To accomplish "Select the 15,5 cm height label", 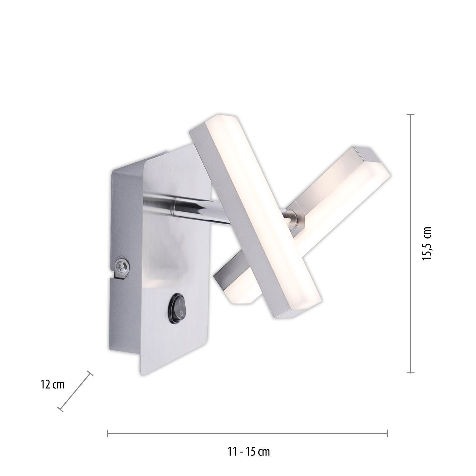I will pos(427,243).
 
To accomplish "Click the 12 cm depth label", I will pos(53,385).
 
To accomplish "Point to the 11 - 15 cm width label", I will pos(248,451).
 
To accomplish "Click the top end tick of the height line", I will pos(411,115).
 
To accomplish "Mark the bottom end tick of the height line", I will pos(411,372).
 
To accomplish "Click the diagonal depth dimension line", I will pos(75,392).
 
